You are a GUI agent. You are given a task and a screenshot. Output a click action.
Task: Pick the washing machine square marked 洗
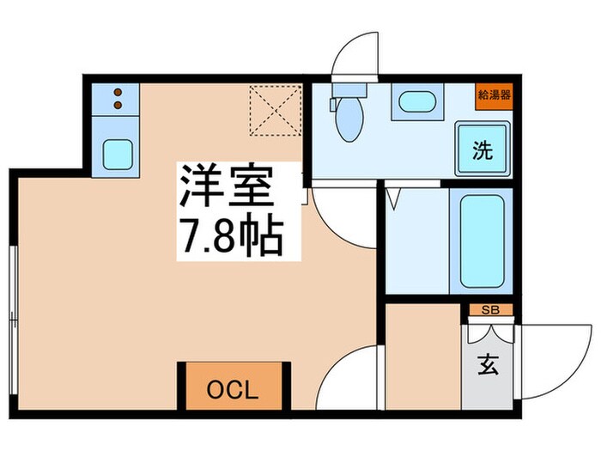483,151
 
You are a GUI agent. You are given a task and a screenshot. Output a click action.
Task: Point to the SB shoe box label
490,310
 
